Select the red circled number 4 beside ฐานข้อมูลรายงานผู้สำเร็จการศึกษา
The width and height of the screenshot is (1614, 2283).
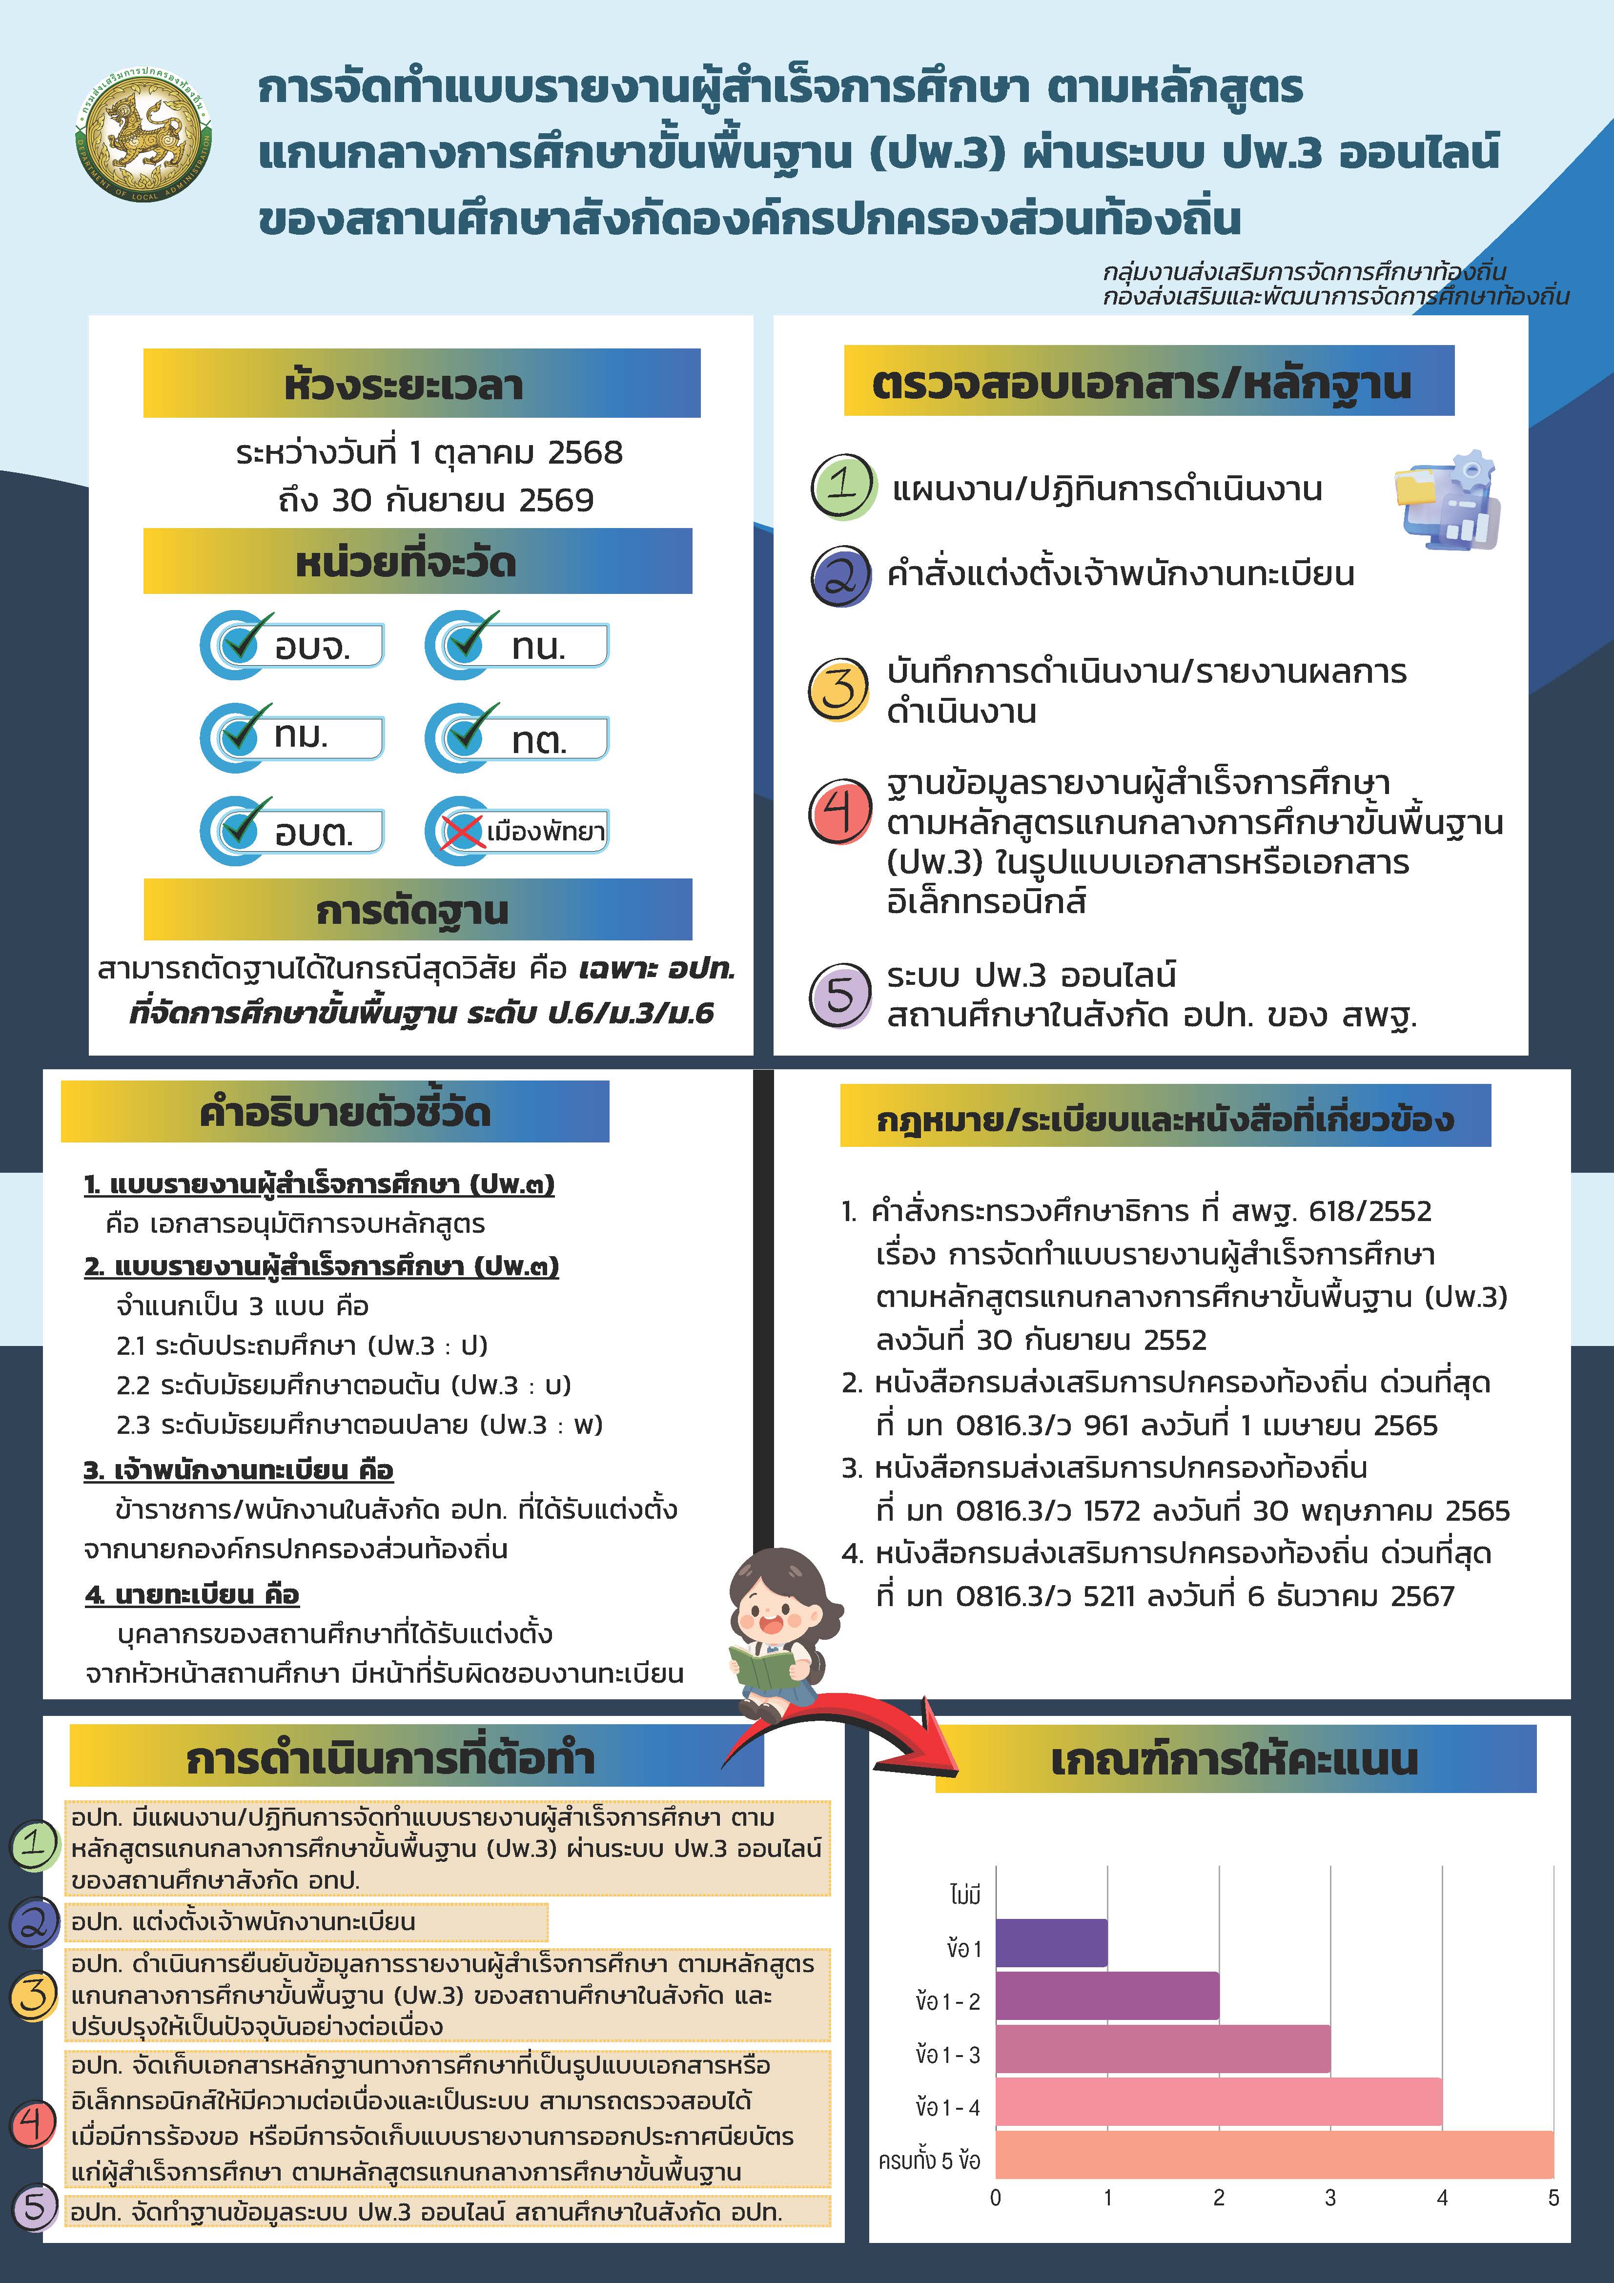point(840,812)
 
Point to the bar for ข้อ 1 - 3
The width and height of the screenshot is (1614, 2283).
point(1162,2048)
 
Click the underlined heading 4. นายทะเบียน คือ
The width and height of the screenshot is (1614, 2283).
point(192,1595)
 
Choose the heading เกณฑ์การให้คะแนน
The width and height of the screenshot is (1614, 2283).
point(1233,1759)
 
